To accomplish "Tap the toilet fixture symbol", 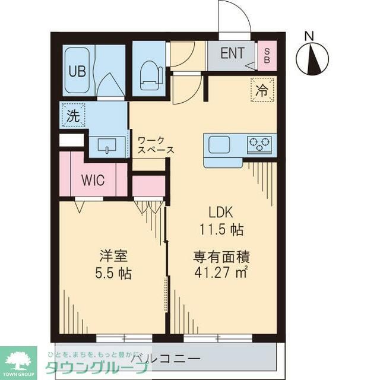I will click(x=150, y=76).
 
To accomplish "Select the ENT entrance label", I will click(x=233, y=53).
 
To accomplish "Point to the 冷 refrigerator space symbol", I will click(x=262, y=90).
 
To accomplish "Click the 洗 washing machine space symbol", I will click(x=72, y=116).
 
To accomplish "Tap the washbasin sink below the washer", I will click(x=107, y=145).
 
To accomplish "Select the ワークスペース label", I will click(x=156, y=145).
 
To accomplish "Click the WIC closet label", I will click(x=93, y=180).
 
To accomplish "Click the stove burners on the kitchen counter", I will click(x=259, y=143).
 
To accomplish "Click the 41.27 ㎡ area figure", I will click(x=220, y=274).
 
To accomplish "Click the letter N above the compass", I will click(x=309, y=36).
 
